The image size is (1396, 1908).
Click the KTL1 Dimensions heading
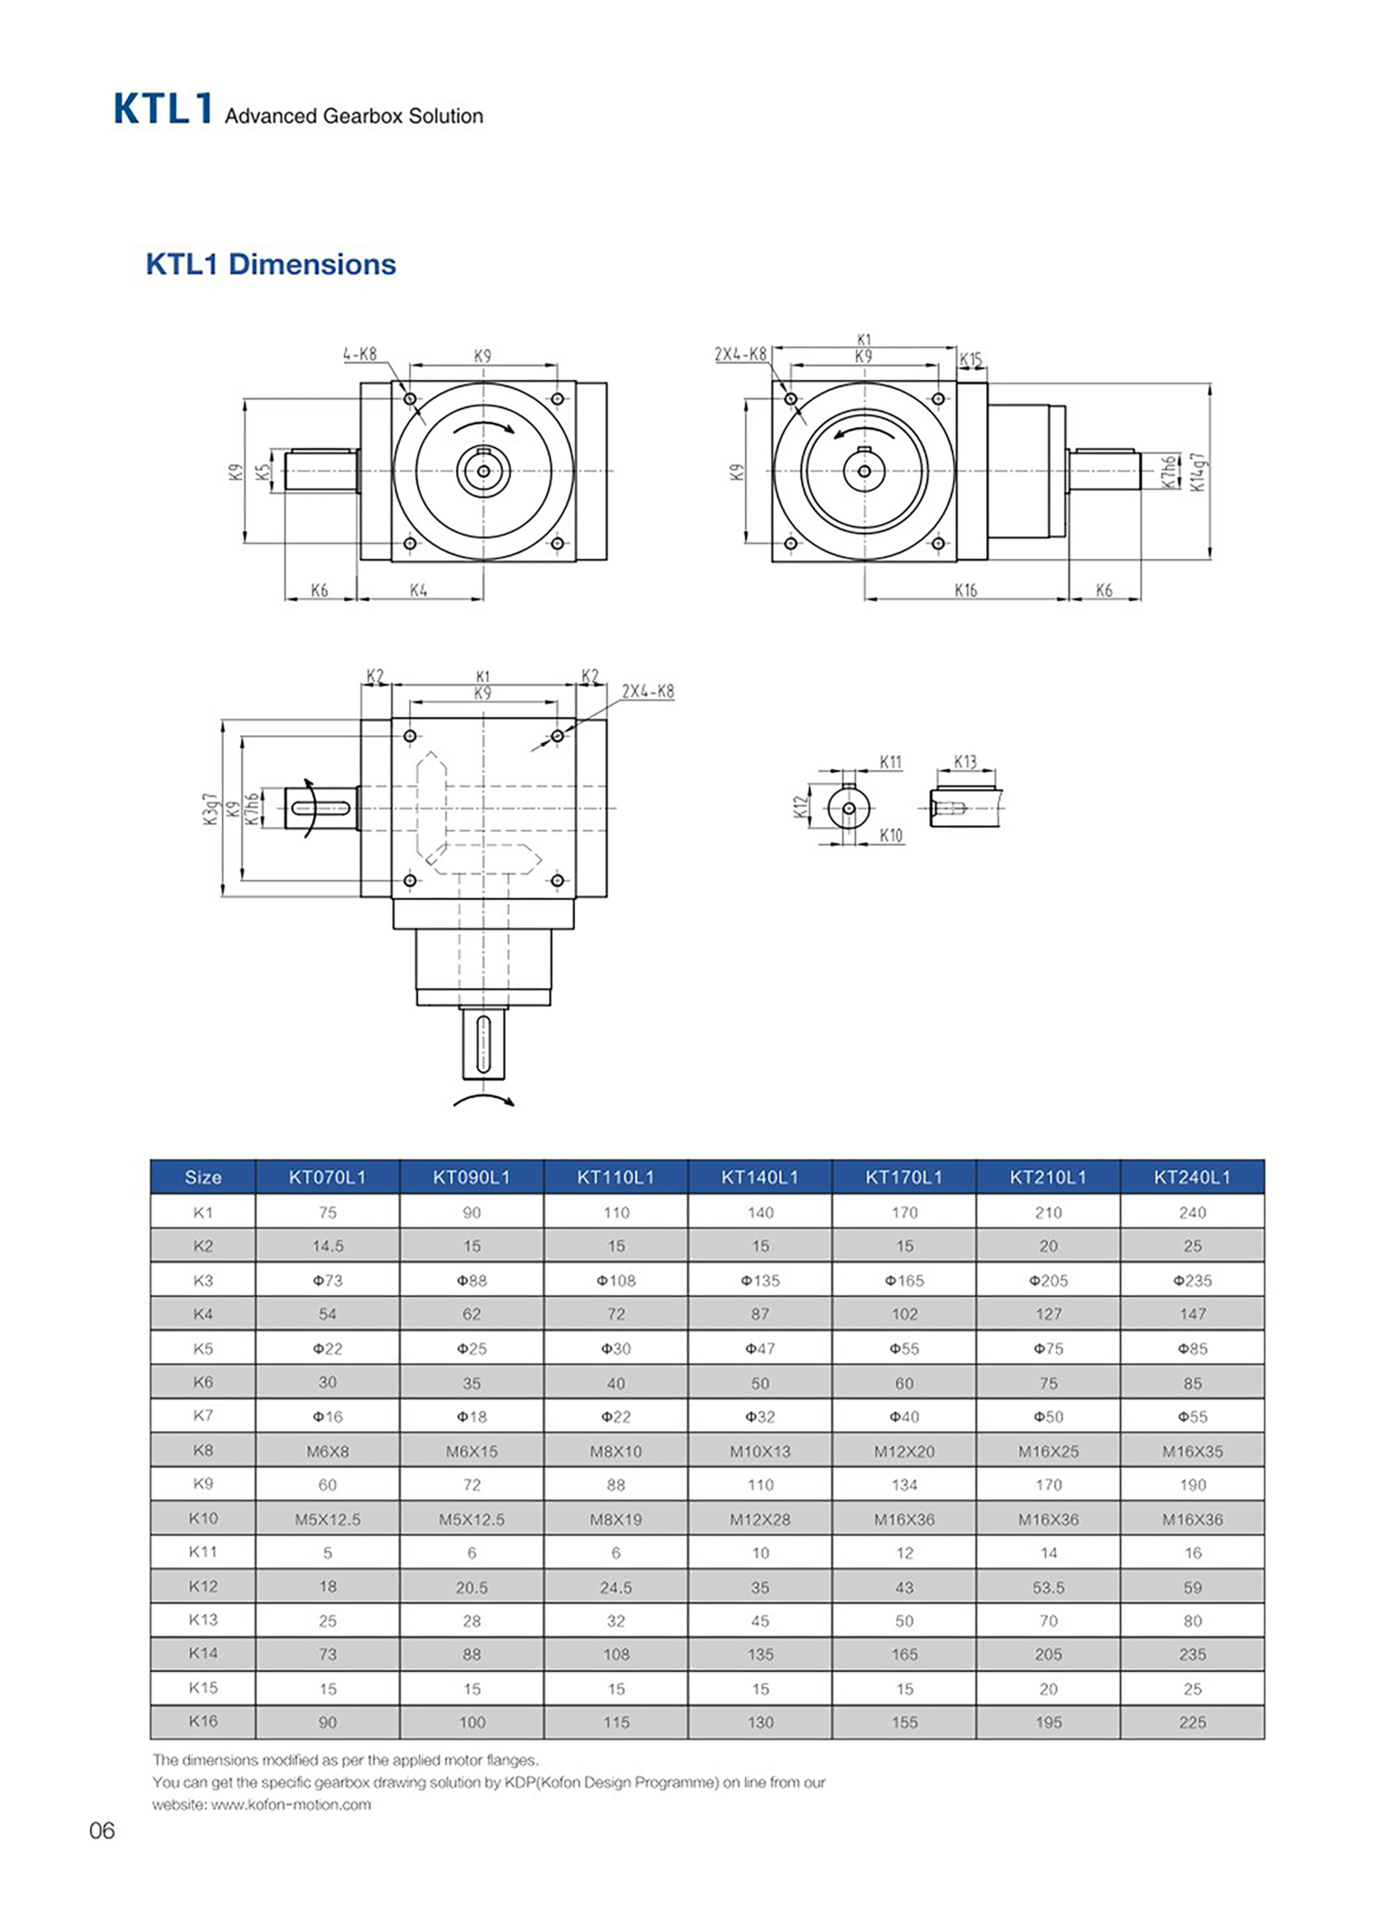270,265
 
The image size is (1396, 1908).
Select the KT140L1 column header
760,1177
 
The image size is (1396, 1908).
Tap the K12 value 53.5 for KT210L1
1048,1588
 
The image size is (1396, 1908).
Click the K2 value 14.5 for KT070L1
327,1246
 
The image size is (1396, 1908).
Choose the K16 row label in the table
203,1721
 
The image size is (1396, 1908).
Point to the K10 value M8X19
615,1519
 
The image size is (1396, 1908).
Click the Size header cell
203,1177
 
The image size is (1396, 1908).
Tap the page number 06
101,1831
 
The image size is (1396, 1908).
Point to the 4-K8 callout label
360,354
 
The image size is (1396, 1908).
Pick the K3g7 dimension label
212,809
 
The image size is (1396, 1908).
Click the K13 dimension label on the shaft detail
965,762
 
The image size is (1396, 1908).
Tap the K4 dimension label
419,590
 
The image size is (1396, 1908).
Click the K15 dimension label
971,360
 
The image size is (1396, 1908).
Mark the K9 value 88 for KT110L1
615,1485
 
